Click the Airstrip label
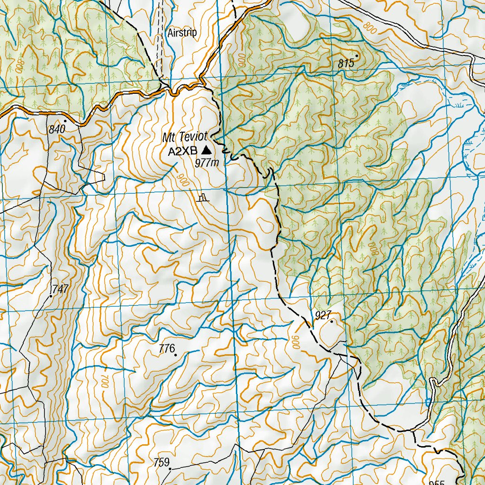(x=182, y=33)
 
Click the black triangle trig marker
(x=206, y=150)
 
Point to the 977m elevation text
(x=207, y=163)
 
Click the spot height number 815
(x=346, y=63)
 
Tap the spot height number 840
(x=55, y=129)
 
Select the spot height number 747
(x=61, y=288)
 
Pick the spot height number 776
(x=167, y=349)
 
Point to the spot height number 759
(x=162, y=462)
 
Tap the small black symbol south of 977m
(x=203, y=198)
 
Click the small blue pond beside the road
(x=428, y=402)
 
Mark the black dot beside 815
(x=357, y=56)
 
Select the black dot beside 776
(x=175, y=355)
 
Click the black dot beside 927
(x=332, y=322)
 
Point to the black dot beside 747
(x=51, y=296)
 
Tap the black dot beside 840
(x=65, y=121)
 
